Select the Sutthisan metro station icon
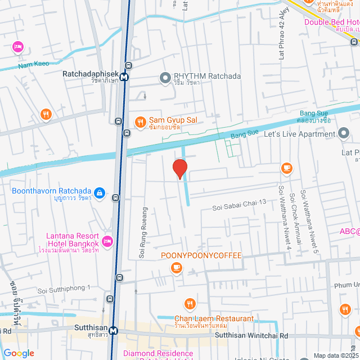(x=114, y=331)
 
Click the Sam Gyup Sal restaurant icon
(x=140, y=121)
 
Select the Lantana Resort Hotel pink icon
(x=107, y=242)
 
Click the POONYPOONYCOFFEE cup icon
(x=177, y=267)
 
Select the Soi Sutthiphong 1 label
(x=64, y=290)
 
